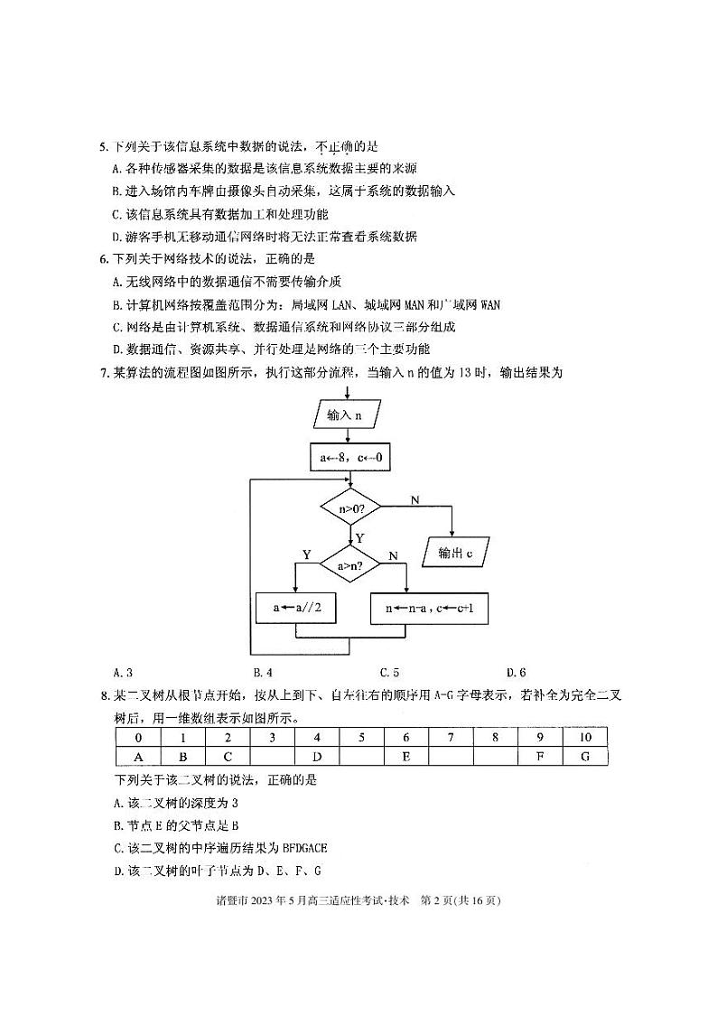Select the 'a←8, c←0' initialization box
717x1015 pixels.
[x=351, y=458]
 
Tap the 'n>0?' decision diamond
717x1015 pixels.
[x=350, y=509]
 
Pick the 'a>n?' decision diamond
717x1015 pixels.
[x=350, y=566]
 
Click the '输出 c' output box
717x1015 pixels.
[x=456, y=553]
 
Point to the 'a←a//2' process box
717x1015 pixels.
[x=296, y=609]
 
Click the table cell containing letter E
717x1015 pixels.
[x=406, y=756]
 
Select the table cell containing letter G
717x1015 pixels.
[x=585, y=756]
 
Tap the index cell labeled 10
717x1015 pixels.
[x=585, y=737]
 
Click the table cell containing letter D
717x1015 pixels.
[x=317, y=756]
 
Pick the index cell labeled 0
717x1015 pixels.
[x=138, y=737]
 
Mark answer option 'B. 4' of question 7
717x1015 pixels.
[x=264, y=672]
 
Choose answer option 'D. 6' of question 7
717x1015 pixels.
[x=517, y=672]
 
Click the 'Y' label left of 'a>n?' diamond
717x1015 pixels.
[x=306, y=554]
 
